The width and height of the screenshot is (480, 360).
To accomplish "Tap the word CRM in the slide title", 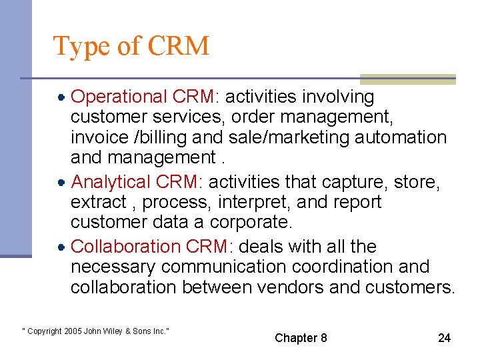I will (178, 46).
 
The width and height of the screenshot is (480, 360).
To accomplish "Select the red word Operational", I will (118, 97).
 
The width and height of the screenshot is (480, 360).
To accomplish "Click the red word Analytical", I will (111, 181).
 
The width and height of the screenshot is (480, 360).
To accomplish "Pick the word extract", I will (98, 202).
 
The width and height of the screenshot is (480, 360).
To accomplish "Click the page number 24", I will (444, 338).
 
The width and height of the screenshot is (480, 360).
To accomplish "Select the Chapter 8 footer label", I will (301, 338).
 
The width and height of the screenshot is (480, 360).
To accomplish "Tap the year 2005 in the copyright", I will (73, 331).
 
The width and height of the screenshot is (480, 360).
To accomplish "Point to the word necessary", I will (113, 267).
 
